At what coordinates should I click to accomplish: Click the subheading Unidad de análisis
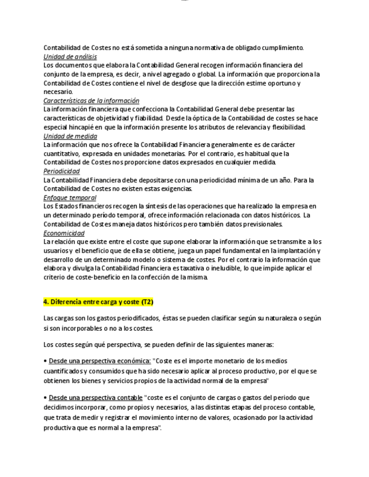point(70,57)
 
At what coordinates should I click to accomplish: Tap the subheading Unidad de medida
point(70,136)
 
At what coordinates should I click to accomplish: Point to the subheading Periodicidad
point(61,171)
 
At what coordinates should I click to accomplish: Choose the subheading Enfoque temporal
point(70,197)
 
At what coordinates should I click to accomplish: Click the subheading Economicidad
point(64,233)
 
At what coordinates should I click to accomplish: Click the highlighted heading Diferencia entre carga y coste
point(91,302)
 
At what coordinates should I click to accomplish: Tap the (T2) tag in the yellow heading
point(146,302)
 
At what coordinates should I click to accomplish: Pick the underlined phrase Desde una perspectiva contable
point(95,398)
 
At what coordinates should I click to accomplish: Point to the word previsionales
point(262,224)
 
